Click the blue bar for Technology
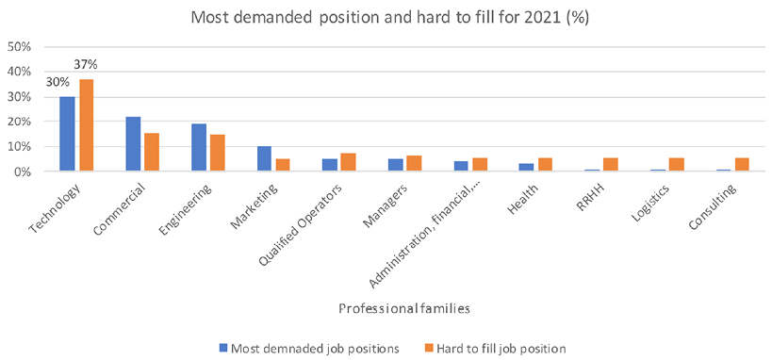tap(67, 134)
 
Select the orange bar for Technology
tap(86, 125)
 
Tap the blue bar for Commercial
tap(133, 144)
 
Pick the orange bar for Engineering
tap(218, 154)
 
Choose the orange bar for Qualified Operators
tap(349, 163)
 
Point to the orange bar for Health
tap(545, 165)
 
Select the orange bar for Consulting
tap(741, 165)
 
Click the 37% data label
tap(86, 65)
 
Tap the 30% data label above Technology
tap(57, 82)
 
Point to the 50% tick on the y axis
tap(20, 46)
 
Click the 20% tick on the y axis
tap(20, 122)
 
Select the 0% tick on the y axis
tap(23, 172)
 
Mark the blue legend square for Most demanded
tap(223, 348)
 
